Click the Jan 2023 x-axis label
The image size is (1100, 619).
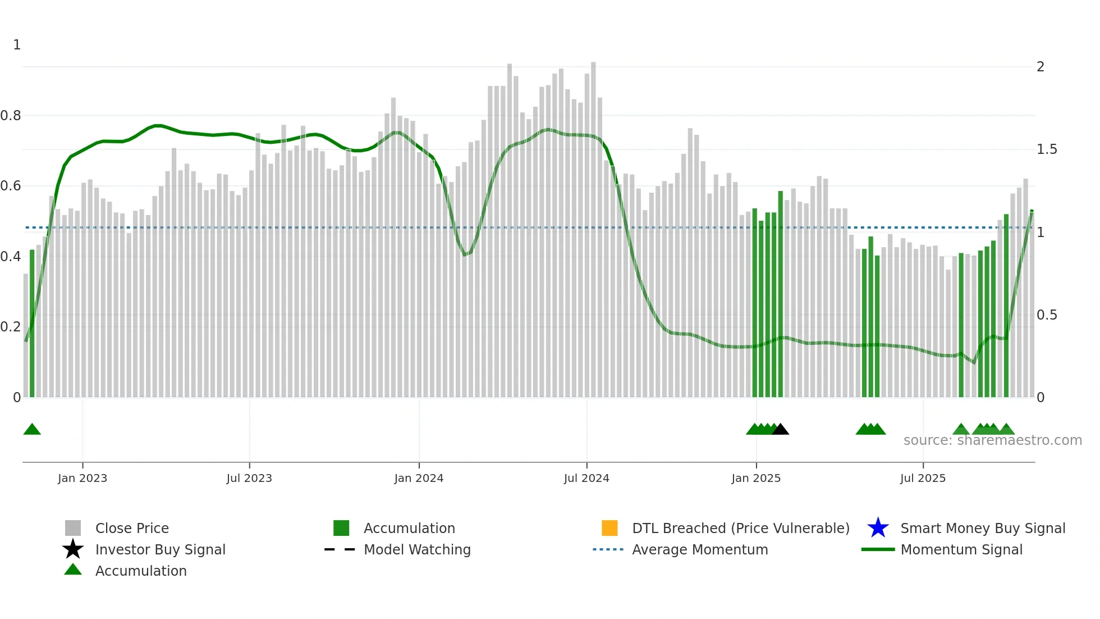tap(82, 478)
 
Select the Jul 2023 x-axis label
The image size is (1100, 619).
tap(249, 478)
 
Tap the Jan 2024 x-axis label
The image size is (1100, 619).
tap(419, 478)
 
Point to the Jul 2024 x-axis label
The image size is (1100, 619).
tap(586, 478)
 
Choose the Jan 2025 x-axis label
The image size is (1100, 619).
tap(756, 478)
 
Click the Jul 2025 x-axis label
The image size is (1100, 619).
tap(923, 478)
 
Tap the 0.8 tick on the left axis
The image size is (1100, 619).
tap(11, 116)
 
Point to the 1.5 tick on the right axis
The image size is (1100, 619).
tap(1047, 149)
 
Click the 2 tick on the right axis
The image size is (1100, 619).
tap(1041, 67)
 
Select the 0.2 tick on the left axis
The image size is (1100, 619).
tap(11, 327)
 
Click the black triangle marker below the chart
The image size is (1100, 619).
tap(781, 430)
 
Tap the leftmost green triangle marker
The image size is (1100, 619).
tap(32, 430)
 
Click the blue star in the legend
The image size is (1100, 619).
tap(878, 528)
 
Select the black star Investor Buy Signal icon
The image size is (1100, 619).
tap(73, 549)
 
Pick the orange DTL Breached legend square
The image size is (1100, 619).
tap(609, 528)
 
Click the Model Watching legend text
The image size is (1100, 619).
tap(417, 549)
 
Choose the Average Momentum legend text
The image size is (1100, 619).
tap(700, 549)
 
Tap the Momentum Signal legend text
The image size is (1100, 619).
tap(961, 549)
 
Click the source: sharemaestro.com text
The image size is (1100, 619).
tap(992, 440)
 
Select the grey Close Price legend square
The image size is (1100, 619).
tap(73, 528)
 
